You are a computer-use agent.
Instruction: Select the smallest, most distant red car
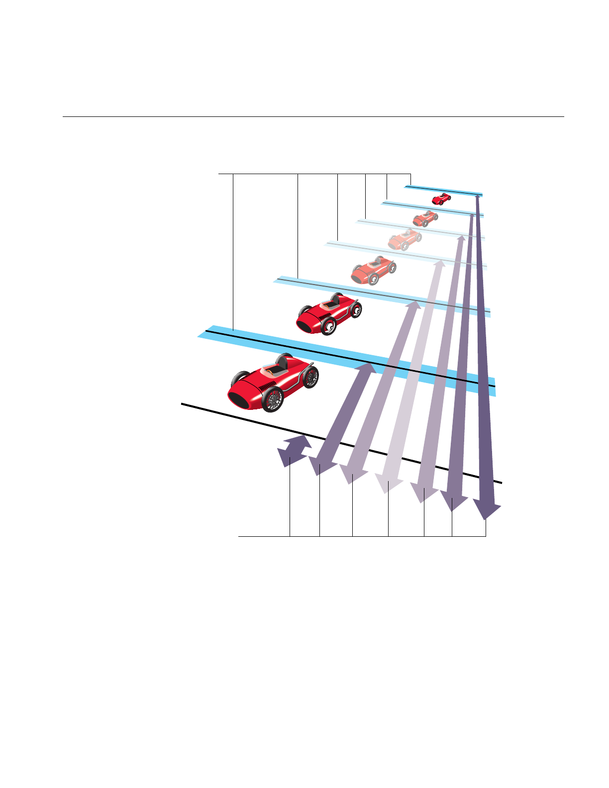(x=441, y=199)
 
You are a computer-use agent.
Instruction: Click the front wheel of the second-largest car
(x=328, y=326)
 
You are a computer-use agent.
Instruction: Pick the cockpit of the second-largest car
(x=329, y=304)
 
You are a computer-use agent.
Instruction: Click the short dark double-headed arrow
(x=295, y=451)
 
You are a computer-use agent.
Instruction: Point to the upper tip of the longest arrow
(x=478, y=197)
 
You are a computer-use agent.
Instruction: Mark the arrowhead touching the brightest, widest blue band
(x=366, y=369)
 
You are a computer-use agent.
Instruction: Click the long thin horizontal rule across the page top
(x=313, y=117)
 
